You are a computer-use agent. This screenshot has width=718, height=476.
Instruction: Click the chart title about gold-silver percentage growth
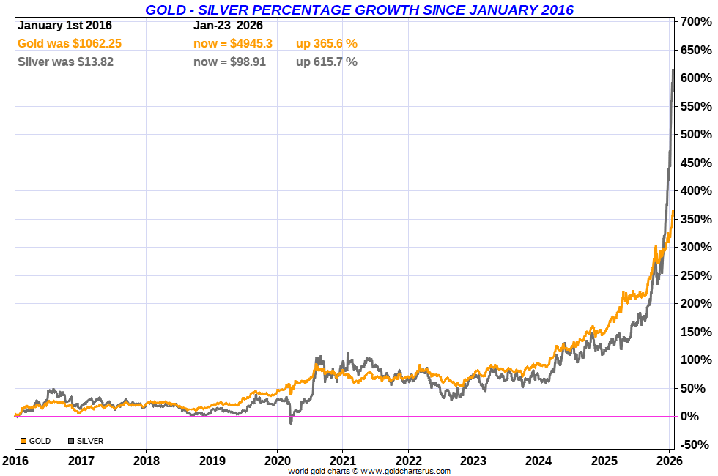359,10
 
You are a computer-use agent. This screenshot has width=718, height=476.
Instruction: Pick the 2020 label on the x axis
277,461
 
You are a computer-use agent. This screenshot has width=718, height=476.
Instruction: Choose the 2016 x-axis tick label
15,461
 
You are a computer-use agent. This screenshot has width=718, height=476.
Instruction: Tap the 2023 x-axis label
473,461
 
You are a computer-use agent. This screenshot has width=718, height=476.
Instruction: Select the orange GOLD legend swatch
23,441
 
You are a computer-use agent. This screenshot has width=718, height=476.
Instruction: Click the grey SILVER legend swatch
71,441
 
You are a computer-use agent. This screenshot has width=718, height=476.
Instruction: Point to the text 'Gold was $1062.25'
70,44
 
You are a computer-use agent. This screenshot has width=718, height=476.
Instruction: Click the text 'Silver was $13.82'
65,62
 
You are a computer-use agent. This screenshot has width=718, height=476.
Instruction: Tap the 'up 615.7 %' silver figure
327,62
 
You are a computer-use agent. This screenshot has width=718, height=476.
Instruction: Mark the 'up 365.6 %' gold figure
327,44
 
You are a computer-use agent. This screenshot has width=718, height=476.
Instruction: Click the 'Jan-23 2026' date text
228,26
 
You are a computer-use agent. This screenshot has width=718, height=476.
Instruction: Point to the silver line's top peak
673,70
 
